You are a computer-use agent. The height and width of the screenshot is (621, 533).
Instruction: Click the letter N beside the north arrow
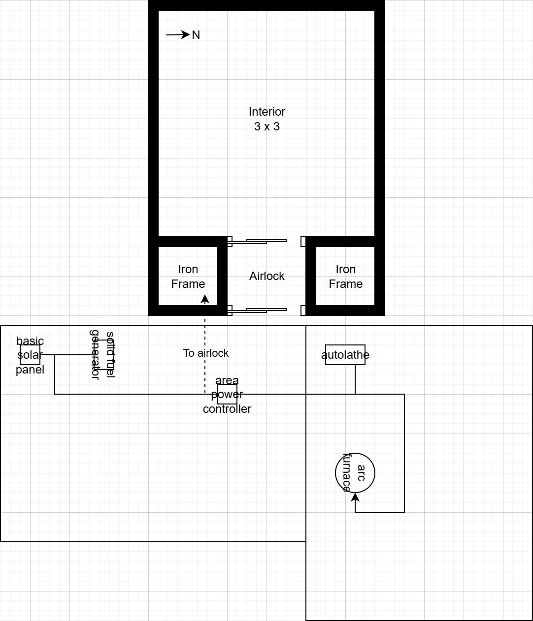(x=196, y=35)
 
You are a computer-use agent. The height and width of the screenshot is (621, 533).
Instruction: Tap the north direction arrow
(x=178, y=34)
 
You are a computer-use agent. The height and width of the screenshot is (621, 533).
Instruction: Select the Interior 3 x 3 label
(x=266, y=119)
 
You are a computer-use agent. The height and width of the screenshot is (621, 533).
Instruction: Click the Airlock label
(x=266, y=276)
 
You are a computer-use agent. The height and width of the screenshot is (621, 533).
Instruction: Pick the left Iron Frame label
(x=188, y=277)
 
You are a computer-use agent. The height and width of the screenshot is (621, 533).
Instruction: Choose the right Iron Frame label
(x=345, y=277)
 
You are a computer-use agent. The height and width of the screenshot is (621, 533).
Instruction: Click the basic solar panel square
(x=30, y=355)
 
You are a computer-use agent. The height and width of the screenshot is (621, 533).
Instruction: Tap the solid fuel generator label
(x=102, y=355)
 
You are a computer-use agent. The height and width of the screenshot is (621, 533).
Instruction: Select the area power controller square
(x=227, y=394)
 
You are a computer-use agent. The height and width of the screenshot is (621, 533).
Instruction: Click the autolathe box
(x=345, y=355)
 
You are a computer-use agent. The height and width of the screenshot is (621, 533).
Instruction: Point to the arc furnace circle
(x=355, y=473)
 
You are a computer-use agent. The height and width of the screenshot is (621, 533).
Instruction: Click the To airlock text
(x=206, y=353)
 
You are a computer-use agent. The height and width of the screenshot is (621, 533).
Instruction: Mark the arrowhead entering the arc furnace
(x=355, y=497)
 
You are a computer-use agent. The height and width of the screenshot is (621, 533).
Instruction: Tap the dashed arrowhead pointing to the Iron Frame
(x=205, y=299)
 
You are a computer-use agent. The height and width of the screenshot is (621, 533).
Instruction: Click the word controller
(x=227, y=409)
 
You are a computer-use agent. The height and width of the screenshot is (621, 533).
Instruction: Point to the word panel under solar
(x=30, y=370)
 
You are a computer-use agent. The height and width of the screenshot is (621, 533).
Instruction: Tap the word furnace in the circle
(x=347, y=473)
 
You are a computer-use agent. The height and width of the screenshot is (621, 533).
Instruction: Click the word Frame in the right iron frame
(x=345, y=284)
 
